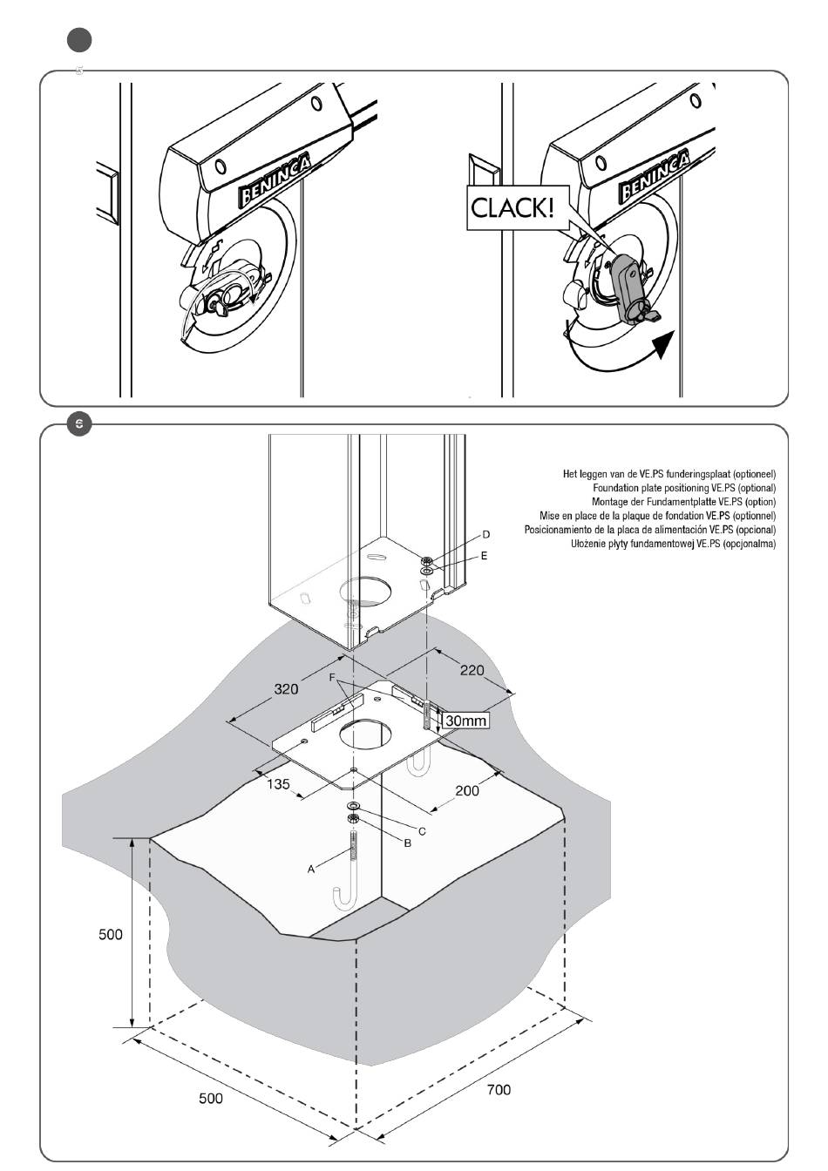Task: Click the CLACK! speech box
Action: [x=517, y=207]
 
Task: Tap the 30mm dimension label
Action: [x=465, y=721]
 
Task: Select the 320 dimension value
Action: [x=286, y=689]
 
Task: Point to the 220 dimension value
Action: [x=472, y=670]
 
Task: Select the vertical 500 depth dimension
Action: [x=111, y=934]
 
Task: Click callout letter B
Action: [x=408, y=843]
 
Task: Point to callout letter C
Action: [x=422, y=831]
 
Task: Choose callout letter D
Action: [x=486, y=534]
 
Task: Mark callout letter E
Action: [x=484, y=556]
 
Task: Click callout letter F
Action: [x=331, y=678]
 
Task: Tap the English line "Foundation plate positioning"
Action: [x=684, y=488]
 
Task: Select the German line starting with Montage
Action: [x=683, y=502]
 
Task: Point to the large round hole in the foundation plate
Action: [x=364, y=735]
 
